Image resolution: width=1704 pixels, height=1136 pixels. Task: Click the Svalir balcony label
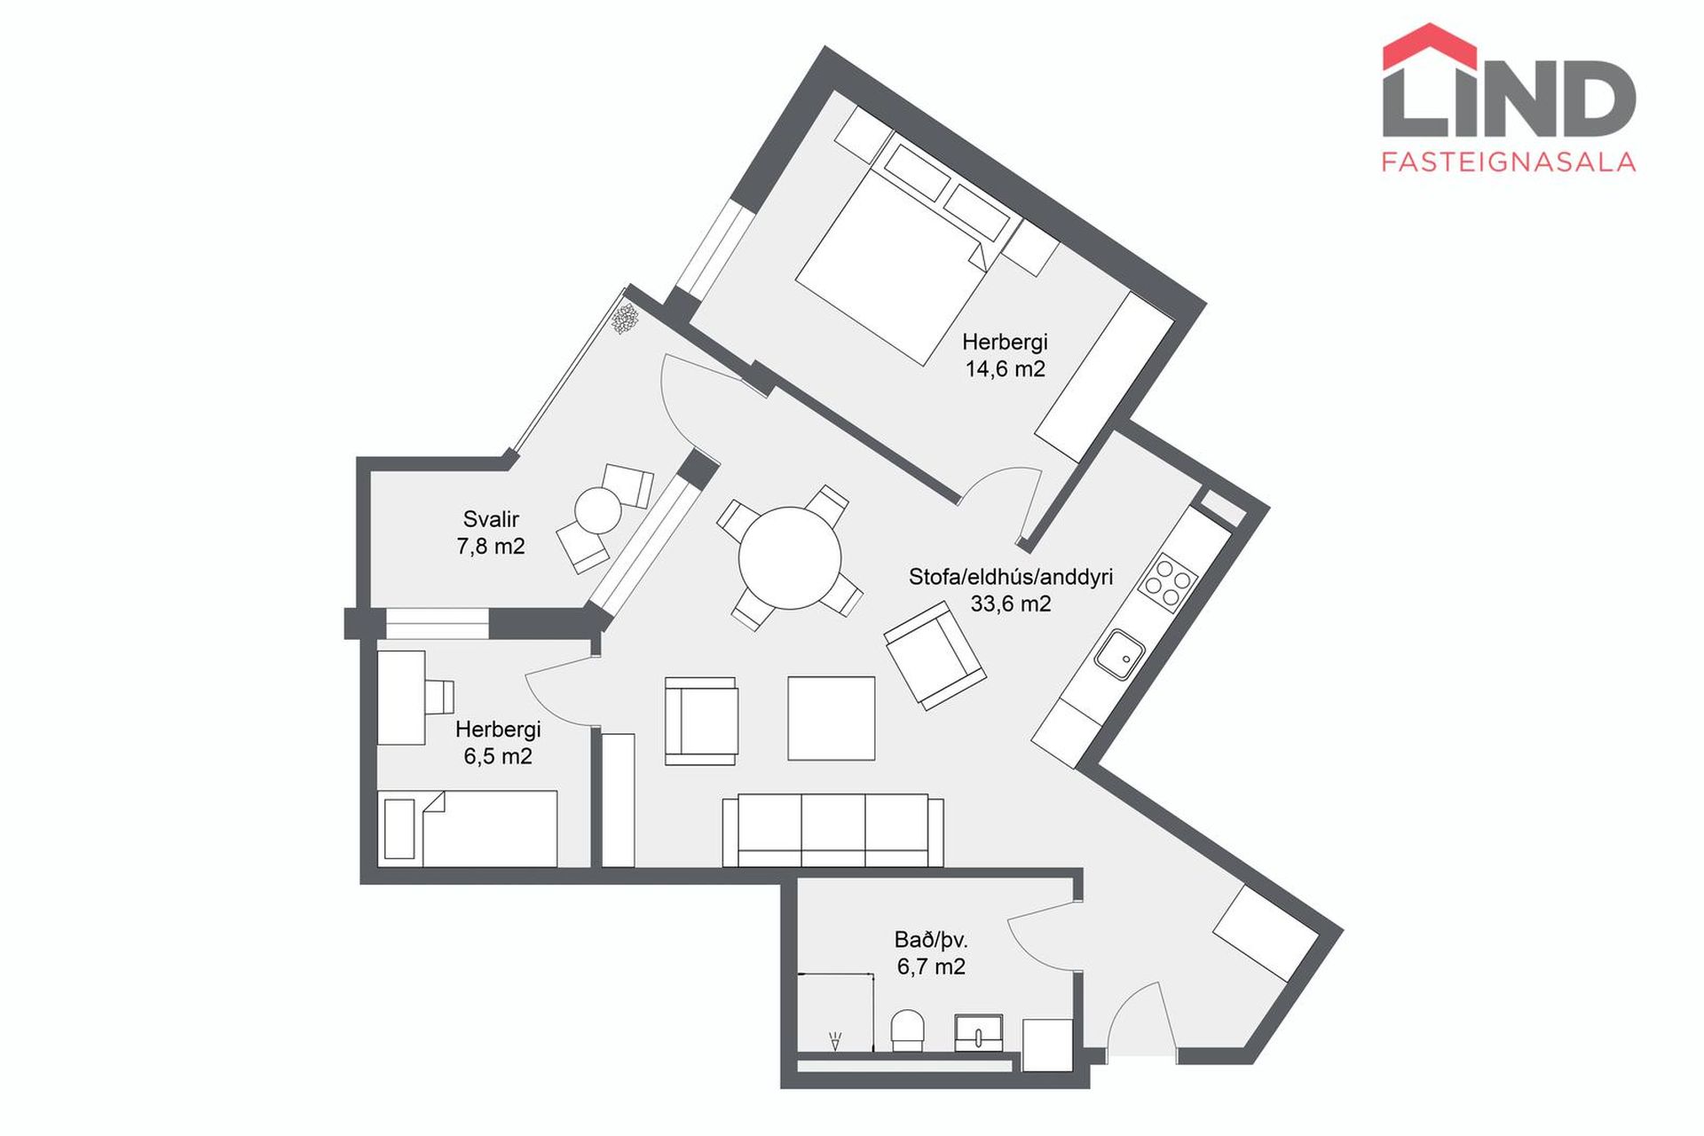tap(491, 519)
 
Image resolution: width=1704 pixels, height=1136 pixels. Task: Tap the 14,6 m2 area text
tap(1005, 368)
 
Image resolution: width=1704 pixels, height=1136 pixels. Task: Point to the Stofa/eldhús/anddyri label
tap(1011, 577)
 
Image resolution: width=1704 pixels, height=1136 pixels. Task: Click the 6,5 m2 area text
tap(498, 756)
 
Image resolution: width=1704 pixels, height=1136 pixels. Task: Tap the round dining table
tap(790, 557)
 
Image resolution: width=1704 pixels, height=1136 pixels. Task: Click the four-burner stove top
tap(1170, 580)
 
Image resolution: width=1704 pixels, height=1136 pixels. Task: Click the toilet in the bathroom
tap(908, 1030)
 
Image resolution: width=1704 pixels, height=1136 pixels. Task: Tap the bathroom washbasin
tap(979, 1032)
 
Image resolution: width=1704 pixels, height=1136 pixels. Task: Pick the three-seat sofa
tap(832, 831)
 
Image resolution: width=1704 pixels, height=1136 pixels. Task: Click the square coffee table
tap(832, 718)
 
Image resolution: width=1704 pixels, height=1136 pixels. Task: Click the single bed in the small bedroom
tap(468, 829)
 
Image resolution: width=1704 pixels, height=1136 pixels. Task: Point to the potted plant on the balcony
tap(627, 318)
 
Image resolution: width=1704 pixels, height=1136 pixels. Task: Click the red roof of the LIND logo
tap(1430, 46)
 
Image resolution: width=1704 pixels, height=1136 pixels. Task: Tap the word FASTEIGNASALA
tap(1509, 161)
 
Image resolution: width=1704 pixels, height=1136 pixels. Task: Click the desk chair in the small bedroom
tap(439, 697)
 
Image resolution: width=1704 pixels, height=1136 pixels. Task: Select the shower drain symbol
tap(834, 1041)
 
